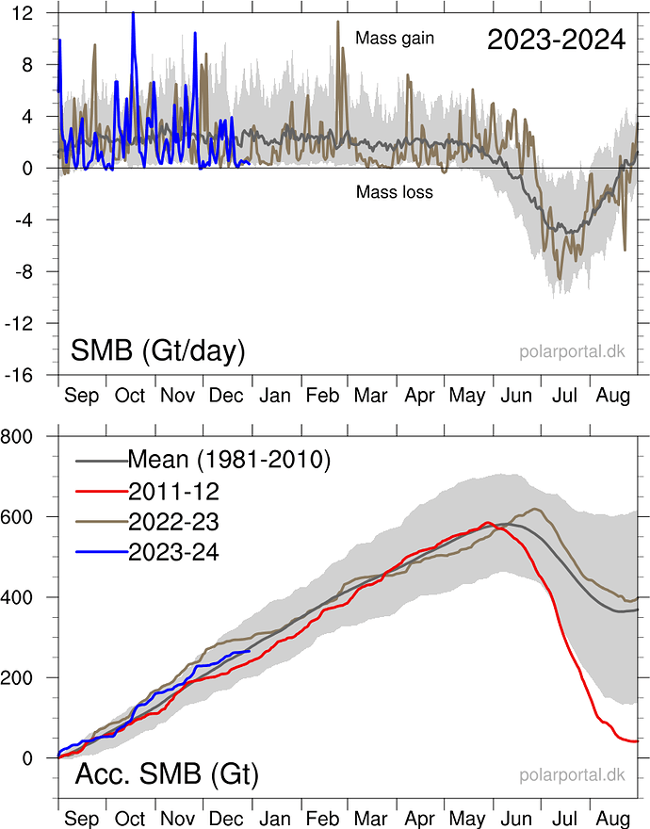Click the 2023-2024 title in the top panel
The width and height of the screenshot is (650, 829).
pyautogui.click(x=556, y=40)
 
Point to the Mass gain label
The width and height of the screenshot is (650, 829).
pyautogui.click(x=394, y=39)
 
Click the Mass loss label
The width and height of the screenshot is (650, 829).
pyautogui.click(x=394, y=193)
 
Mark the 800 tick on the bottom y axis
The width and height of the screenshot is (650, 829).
pyautogui.click(x=18, y=436)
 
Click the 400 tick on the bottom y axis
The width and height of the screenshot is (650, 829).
pyautogui.click(x=18, y=597)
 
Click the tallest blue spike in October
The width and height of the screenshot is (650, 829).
pyautogui.click(x=133, y=13)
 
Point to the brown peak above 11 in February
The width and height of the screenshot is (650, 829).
pyautogui.click(x=337, y=22)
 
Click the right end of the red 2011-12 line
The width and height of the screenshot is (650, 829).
pyautogui.click(x=638, y=741)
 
